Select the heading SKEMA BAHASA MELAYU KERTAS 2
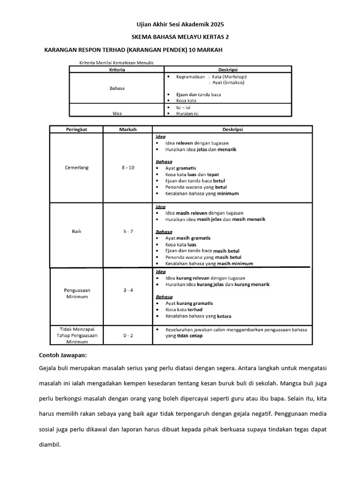(x=180, y=37)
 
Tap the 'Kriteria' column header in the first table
(x=117, y=70)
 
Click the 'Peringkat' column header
(x=77, y=129)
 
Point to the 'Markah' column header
(x=128, y=129)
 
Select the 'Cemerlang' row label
(x=77, y=167)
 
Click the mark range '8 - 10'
(x=128, y=167)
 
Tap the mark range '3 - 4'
(x=128, y=290)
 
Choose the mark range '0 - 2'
(x=128, y=336)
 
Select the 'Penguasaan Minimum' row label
(x=77, y=294)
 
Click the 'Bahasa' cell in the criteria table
(x=117, y=88)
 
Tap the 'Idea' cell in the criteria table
(x=117, y=113)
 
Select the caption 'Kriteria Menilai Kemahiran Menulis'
(x=117, y=62)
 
